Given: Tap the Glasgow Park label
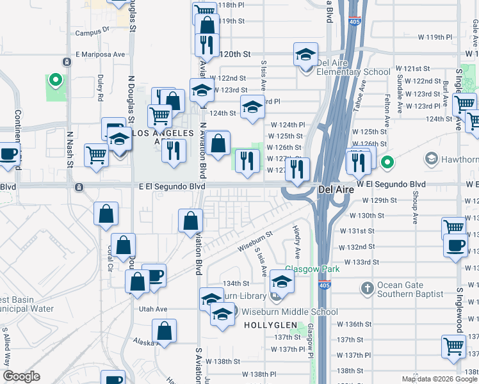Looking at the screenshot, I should click(312, 269).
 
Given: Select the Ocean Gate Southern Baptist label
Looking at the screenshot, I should click(410, 289).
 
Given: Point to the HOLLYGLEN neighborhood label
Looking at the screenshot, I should click(270, 325).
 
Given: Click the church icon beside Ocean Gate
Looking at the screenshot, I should click(367, 289).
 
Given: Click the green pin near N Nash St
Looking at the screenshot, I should click(56, 81).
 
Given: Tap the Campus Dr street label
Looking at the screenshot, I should click(93, 30).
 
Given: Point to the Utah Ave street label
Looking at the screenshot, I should click(153, 309).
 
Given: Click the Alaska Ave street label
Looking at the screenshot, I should click(143, 342).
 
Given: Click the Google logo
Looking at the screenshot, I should click(21, 376).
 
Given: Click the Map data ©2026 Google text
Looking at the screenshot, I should click(439, 379).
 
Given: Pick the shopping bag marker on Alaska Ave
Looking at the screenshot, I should click(165, 332).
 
